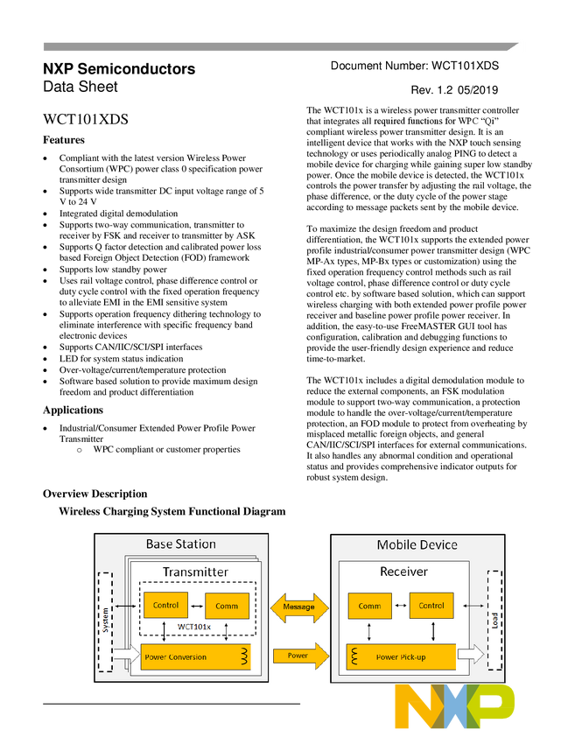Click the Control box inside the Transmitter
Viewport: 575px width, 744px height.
pos(165,605)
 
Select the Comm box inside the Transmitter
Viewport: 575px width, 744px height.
pos(227,606)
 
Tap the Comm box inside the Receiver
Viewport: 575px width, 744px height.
pos(369,606)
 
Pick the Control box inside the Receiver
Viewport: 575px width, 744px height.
pos(431,605)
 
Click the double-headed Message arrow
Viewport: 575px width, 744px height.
pos(299,606)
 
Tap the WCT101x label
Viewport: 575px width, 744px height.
pos(194,627)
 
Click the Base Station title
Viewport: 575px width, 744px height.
pos(180,544)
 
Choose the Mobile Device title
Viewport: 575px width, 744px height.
pos(417,544)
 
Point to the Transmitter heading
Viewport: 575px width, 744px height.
pos(195,572)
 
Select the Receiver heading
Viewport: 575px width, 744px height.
pos(403,572)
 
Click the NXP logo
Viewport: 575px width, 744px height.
pos(454,706)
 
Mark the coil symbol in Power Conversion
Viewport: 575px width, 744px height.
pos(245,656)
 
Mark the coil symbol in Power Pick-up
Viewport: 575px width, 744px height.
pos(355,656)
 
